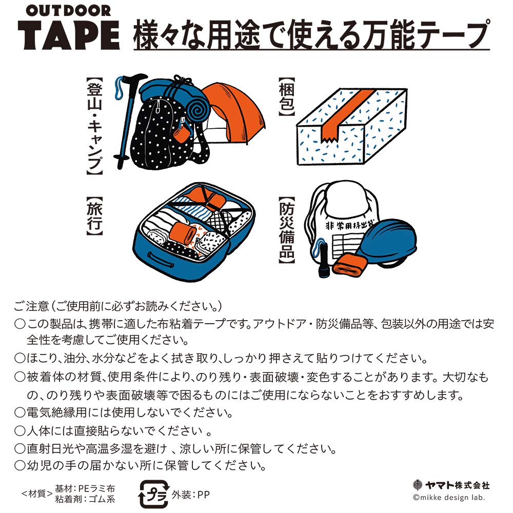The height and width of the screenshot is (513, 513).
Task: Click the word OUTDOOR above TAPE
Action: (69, 11)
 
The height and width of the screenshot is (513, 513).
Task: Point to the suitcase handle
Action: (161, 256)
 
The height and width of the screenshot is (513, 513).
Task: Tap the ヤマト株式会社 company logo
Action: (451, 485)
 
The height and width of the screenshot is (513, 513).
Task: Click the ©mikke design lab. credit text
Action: (448, 498)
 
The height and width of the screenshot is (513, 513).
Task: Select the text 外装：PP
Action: (191, 495)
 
